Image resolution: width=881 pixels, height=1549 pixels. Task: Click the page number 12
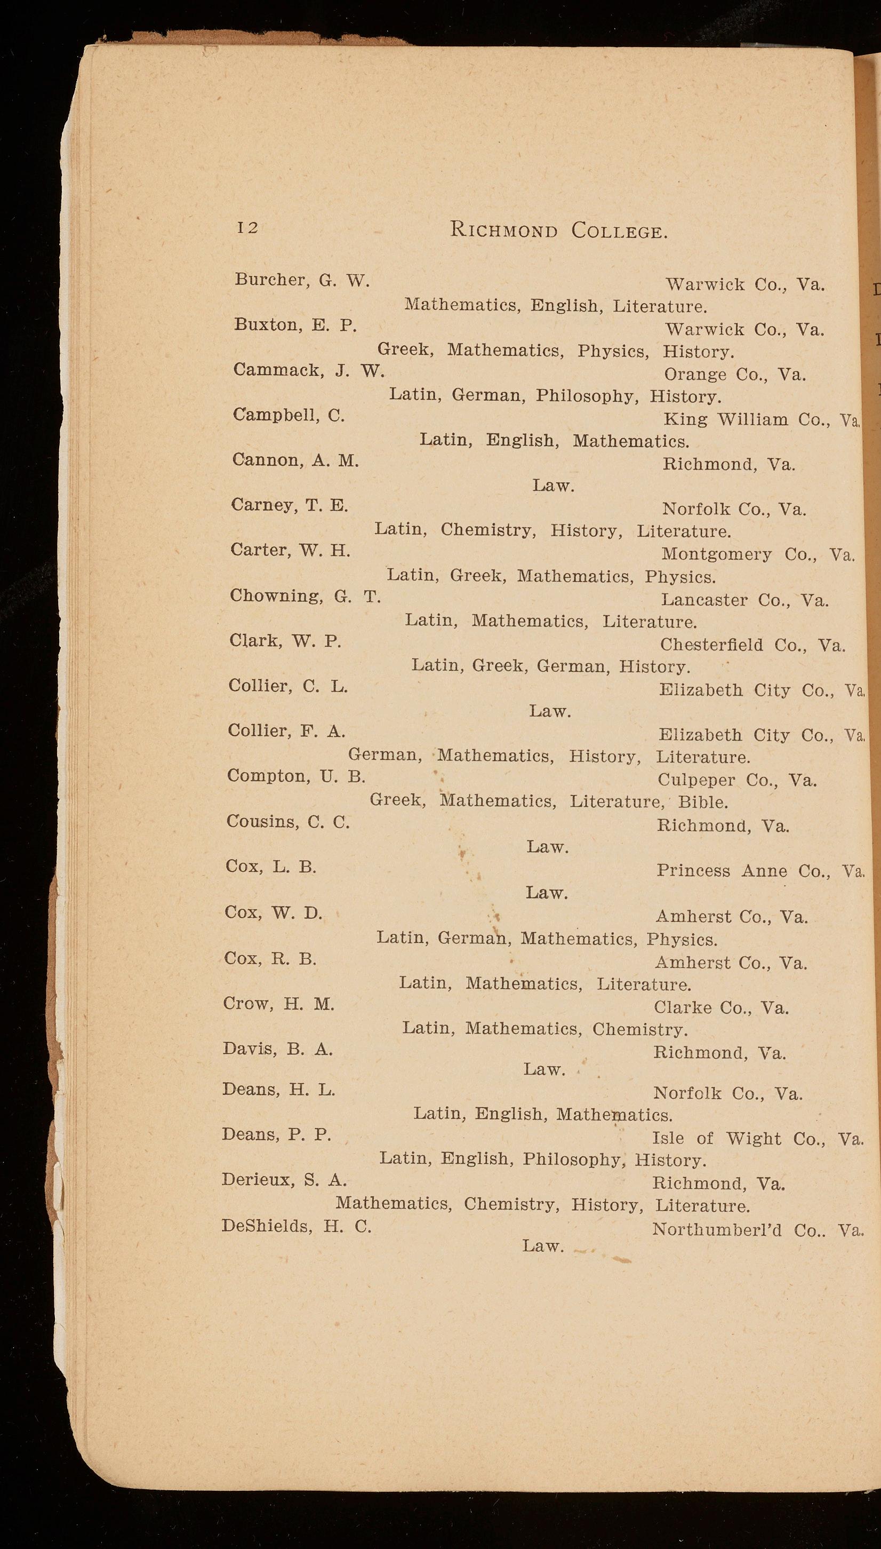[247, 228]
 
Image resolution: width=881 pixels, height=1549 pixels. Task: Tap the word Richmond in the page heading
[503, 231]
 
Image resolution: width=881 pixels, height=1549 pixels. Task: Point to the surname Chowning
[276, 595]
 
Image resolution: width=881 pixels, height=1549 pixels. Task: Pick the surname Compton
[268, 776]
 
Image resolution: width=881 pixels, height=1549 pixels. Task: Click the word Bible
[702, 802]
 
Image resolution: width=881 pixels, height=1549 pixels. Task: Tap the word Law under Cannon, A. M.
[553, 486]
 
